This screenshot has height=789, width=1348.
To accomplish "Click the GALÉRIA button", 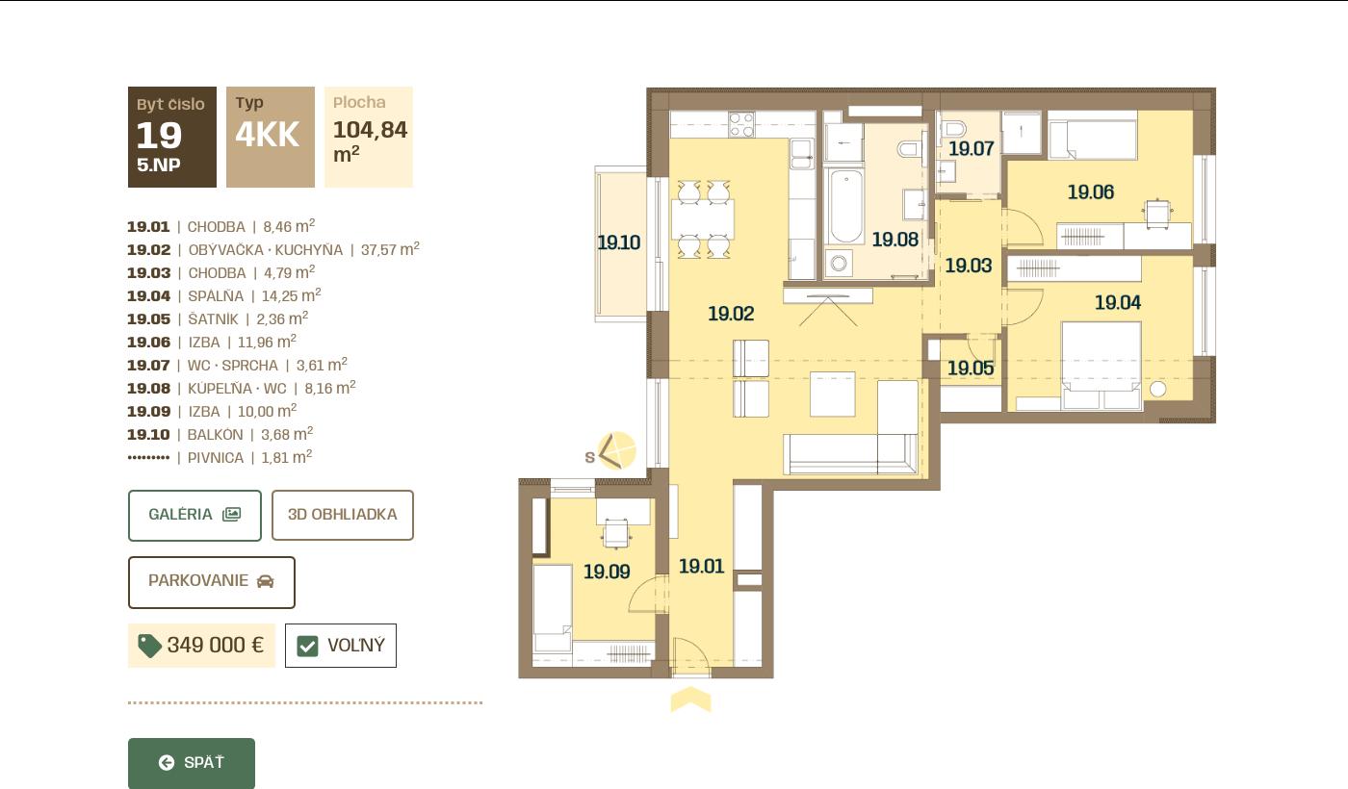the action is [194, 516].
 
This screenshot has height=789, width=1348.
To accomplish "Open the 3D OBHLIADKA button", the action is [343, 516].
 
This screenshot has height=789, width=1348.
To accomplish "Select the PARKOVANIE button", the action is [211, 582].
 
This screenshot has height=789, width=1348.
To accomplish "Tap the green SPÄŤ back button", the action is [192, 762].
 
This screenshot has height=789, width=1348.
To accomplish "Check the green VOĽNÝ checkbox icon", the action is [307, 647].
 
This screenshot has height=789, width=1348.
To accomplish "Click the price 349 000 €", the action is [216, 646].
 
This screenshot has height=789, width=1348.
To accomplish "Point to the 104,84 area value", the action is [370, 129].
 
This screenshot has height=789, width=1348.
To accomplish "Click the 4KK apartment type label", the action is [268, 134].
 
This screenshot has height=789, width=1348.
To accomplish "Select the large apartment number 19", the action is [159, 136].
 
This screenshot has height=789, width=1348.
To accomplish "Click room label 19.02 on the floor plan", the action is [731, 314].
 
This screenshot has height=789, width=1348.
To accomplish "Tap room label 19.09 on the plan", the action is [607, 572].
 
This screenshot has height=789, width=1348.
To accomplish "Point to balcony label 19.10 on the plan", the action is [618, 242].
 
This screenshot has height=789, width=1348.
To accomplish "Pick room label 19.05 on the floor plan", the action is [971, 368].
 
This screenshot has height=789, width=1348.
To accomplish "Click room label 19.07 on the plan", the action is [971, 148].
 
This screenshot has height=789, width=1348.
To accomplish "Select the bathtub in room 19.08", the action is [845, 206].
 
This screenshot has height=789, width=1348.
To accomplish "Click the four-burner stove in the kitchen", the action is [741, 125].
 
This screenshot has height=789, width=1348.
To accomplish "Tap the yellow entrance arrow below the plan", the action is [691, 700].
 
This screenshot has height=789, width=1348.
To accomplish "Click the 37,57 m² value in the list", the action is [390, 249].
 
